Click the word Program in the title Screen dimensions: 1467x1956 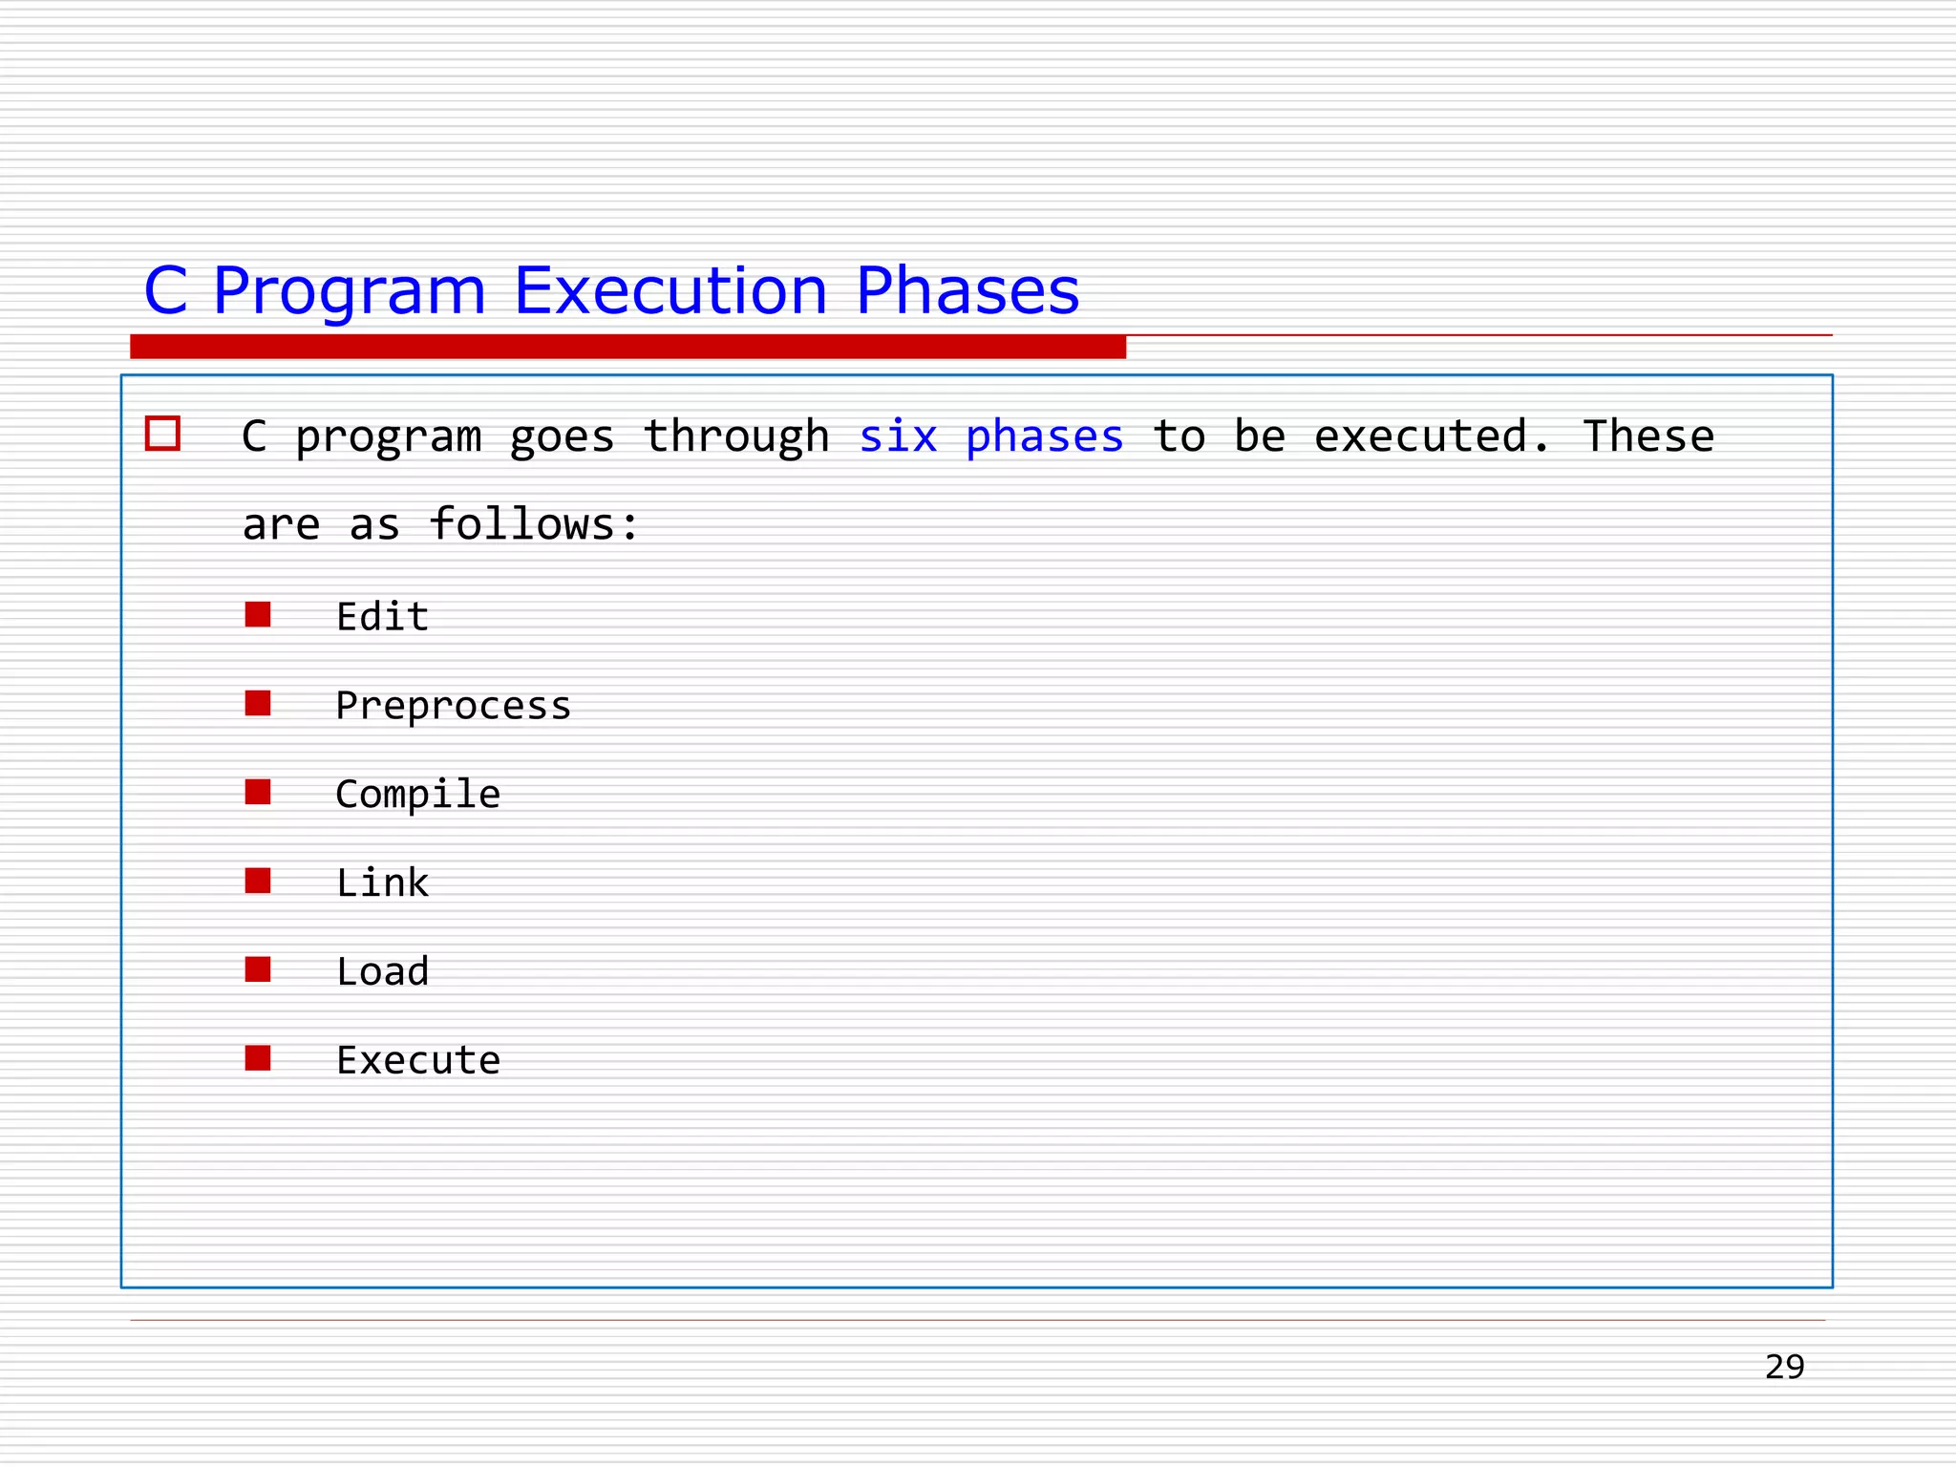(x=349, y=291)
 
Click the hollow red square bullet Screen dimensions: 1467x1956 (x=162, y=434)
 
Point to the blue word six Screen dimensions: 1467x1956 (x=898, y=436)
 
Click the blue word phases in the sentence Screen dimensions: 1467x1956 (x=1044, y=438)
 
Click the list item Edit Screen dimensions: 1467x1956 (x=382, y=616)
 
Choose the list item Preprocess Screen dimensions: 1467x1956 (x=453, y=706)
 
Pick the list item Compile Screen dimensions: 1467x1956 (x=417, y=795)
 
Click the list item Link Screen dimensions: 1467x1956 (x=382, y=882)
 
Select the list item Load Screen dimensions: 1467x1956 (x=382, y=971)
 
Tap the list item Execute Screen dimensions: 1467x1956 (x=417, y=1060)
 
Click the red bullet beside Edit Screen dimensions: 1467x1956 (x=258, y=614)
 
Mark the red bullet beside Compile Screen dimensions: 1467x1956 (x=258, y=792)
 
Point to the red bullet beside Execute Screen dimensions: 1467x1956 (x=258, y=1057)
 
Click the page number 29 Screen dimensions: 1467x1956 (x=1784, y=1367)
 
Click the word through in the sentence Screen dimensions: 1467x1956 (x=736, y=438)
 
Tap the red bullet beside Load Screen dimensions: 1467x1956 (x=258, y=969)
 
